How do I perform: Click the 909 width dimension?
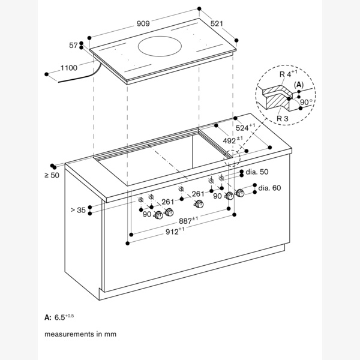pyautogui.click(x=143, y=23)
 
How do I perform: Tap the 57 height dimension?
pyautogui.click(x=74, y=45)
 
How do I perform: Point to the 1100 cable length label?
pyautogui.click(x=68, y=68)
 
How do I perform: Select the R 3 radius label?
pyautogui.click(x=283, y=119)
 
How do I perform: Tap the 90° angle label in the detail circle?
pyautogui.click(x=307, y=102)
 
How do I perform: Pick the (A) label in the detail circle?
pyautogui.click(x=298, y=85)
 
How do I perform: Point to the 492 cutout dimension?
pyautogui.click(x=232, y=141)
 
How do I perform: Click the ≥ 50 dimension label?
pyautogui.click(x=51, y=175)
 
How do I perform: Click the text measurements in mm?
pyautogui.click(x=80, y=334)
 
